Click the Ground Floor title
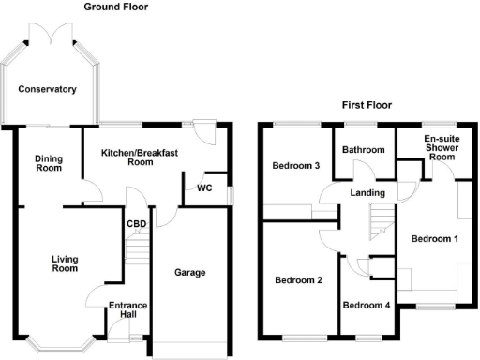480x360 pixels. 115,7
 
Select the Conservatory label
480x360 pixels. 50,90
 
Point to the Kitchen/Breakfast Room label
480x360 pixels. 140,157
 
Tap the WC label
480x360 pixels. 204,187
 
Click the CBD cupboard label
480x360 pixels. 136,223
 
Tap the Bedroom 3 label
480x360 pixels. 295,167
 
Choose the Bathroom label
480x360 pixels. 363,150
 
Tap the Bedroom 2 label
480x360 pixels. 298,279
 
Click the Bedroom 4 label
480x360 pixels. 366,306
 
